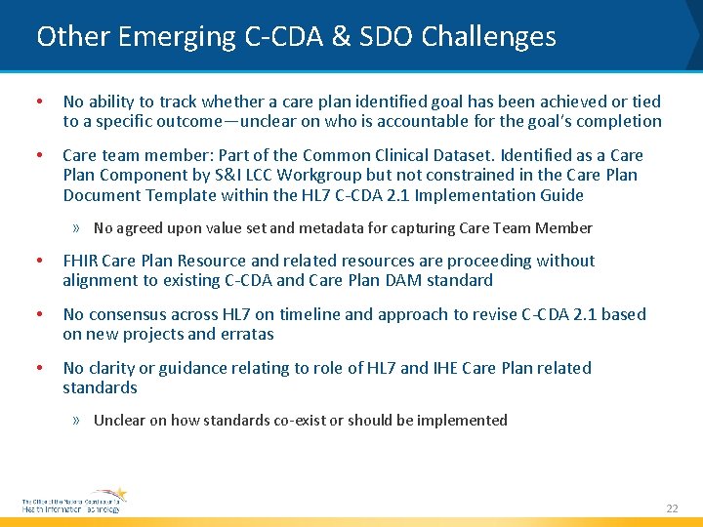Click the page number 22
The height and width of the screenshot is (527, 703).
tap(671, 508)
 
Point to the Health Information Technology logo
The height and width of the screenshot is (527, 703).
tap(74, 501)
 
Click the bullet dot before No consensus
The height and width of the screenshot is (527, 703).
tap(37, 314)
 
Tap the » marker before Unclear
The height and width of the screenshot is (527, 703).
tap(76, 421)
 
